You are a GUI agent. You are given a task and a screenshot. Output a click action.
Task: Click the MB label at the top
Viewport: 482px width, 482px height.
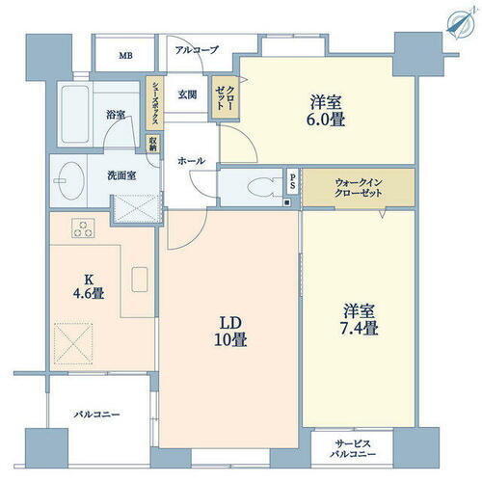tap(125, 56)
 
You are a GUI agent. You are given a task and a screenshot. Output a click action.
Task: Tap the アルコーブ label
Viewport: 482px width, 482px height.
tap(197, 49)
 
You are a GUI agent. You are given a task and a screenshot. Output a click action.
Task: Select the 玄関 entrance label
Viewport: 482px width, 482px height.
tap(187, 94)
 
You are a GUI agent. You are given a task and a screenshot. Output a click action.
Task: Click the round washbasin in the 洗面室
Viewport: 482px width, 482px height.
tap(70, 180)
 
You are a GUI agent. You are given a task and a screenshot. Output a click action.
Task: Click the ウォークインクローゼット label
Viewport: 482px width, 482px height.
tap(360, 187)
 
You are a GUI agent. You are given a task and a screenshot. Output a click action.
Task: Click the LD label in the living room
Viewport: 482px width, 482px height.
tap(229, 320)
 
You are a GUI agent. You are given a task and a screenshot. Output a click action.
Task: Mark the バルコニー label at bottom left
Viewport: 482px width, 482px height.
tap(97, 415)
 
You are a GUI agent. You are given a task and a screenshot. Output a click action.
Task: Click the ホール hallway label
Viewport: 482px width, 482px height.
tap(191, 161)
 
